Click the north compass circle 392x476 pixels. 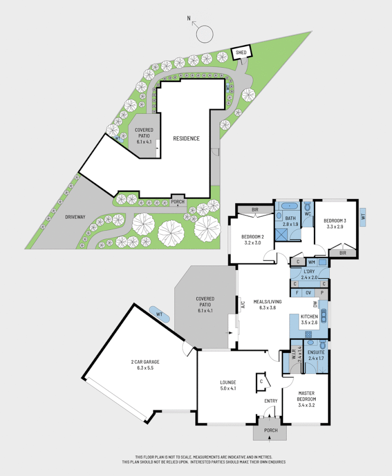pos(205,34)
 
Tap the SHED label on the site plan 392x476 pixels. pos(241,53)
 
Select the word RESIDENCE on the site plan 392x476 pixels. pos(186,139)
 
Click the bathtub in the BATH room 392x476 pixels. pos(289,206)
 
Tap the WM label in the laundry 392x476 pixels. pos(311,262)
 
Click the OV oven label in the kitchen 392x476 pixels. pos(308,293)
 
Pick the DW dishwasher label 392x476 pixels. pos(315,304)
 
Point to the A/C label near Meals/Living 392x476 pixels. pos(243,304)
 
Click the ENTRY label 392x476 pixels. pos(270,401)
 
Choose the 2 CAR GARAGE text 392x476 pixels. pos(145,361)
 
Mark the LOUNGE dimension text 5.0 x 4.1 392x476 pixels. pos(228,388)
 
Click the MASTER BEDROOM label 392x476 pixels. pos(307,396)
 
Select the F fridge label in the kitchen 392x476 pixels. pos(295,293)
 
